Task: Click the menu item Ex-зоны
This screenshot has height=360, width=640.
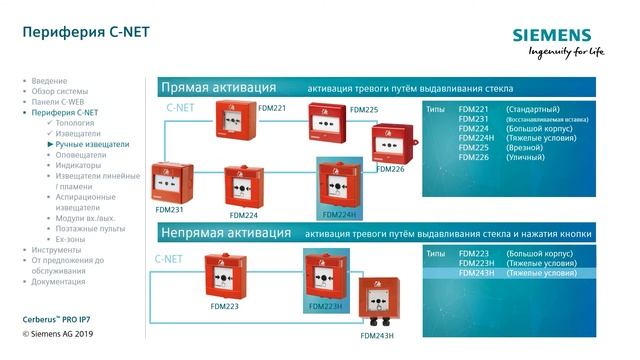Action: pos(73,239)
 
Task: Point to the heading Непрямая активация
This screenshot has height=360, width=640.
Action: pos(226,233)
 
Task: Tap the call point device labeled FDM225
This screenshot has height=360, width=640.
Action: pos(329,130)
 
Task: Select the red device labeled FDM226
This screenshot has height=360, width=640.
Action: pos(392,145)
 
